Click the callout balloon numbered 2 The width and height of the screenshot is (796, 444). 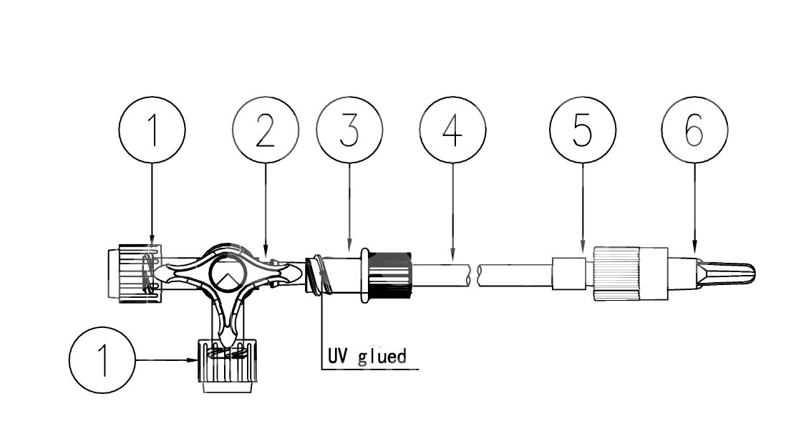266,131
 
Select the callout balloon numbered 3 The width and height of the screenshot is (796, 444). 349,131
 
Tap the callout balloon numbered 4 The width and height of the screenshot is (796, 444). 452,131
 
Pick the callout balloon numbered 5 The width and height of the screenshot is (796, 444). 583,131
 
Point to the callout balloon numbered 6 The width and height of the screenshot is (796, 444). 694,131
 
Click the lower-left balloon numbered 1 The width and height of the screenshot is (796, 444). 102,359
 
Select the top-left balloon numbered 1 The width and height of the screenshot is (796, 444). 152,131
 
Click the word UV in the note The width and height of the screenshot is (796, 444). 339,355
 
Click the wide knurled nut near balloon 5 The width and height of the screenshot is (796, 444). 617,273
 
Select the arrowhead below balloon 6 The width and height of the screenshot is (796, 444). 694,252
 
